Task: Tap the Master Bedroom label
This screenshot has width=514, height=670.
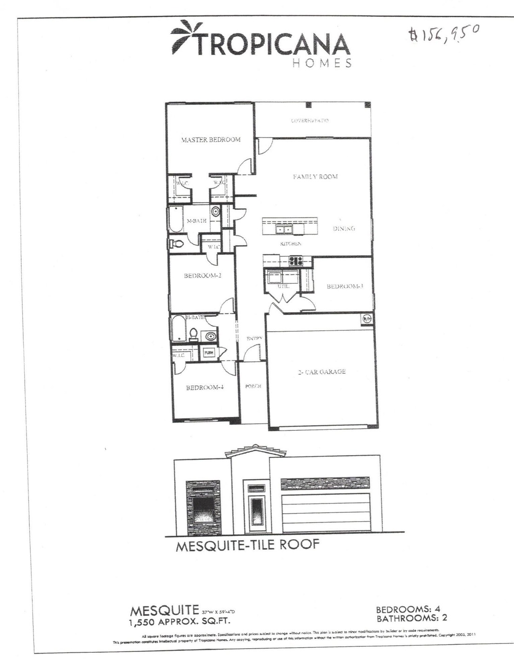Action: coord(211,140)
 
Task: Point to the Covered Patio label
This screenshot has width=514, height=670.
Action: coord(310,121)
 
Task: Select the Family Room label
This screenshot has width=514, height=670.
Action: coord(315,177)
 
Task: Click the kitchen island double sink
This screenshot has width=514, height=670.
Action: coord(283,229)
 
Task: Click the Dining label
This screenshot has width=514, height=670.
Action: coord(344,228)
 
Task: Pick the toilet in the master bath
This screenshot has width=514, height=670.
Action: coord(176,244)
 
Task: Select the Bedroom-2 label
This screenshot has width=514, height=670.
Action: coord(202,275)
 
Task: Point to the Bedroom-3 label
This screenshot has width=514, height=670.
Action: coord(344,286)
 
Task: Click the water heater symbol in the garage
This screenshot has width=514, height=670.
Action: coord(367,319)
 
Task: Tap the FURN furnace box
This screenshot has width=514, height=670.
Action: coord(208,353)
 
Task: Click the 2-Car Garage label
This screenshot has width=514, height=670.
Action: coord(321,372)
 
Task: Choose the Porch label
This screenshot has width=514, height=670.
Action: coord(253,386)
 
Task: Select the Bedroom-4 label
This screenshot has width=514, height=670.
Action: coord(205,388)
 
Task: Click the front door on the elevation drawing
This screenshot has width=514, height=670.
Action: coord(256,513)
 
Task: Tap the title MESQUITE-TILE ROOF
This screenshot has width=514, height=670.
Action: coord(247,545)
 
